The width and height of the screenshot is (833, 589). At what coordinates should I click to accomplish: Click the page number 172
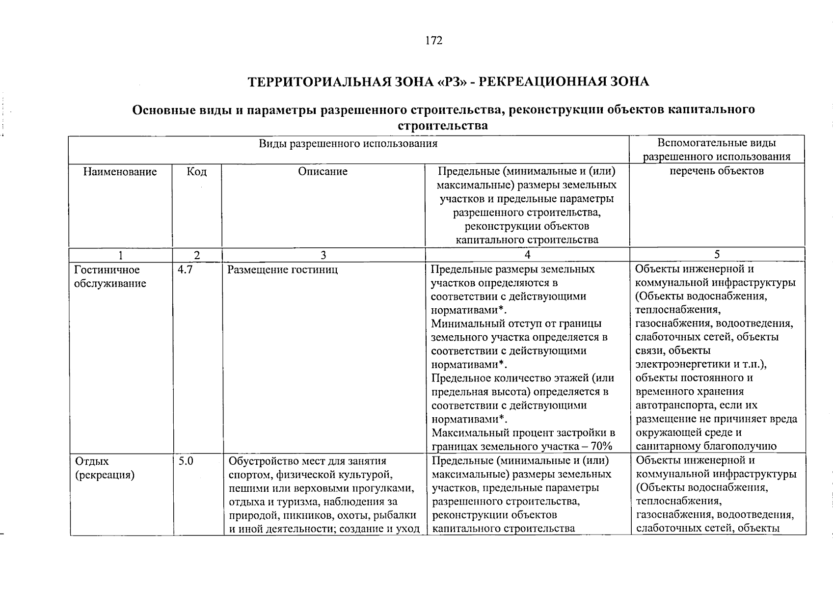pos(433,41)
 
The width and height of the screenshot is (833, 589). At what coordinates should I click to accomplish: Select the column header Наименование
pos(120,172)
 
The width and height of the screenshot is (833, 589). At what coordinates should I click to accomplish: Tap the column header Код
pos(197,172)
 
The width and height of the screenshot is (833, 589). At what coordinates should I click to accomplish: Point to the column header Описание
pos(322,172)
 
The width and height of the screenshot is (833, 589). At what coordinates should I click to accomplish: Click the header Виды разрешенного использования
pos(348,144)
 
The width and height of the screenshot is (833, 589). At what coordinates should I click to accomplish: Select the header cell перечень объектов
pos(717,171)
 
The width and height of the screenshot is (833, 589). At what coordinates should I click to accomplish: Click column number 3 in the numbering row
pos(323,255)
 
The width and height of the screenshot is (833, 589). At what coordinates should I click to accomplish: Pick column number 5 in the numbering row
pos(717,254)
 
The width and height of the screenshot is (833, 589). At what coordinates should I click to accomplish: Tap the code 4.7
pos(185,270)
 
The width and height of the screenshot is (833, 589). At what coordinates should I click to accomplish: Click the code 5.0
pos(186,461)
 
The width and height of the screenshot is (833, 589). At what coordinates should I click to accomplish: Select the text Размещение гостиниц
pos(282,270)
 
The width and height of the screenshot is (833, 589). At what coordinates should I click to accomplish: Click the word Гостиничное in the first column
pos(107,270)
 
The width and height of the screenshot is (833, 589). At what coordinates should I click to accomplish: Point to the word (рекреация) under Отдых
pos(105,475)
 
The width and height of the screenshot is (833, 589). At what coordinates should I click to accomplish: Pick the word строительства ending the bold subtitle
pos(443,126)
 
